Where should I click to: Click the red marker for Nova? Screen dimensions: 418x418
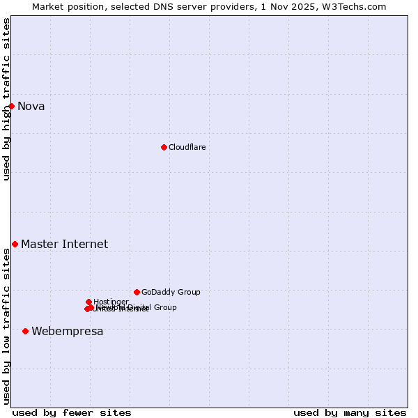tap(11, 106)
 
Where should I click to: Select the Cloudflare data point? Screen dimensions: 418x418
tap(164, 147)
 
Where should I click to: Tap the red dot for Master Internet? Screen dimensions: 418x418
tap(15, 244)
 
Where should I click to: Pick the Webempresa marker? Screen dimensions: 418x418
tap(25, 331)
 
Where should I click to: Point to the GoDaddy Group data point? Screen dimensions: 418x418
tap(137, 292)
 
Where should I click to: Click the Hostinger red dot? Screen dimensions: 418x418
tap(88, 302)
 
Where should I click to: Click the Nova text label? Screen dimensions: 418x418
tap(31, 106)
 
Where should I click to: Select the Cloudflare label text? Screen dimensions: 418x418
tap(187, 147)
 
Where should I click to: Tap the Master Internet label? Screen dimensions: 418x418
tap(64, 244)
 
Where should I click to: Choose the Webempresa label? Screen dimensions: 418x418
tap(67, 331)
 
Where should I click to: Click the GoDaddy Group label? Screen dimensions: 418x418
tap(171, 292)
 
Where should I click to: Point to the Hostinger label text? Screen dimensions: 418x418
tap(111, 302)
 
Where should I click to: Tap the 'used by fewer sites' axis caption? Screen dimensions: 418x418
tap(72, 412)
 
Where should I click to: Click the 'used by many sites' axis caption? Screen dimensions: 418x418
tap(350, 412)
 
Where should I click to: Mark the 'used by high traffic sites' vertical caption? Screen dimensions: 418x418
tap(6, 99)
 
